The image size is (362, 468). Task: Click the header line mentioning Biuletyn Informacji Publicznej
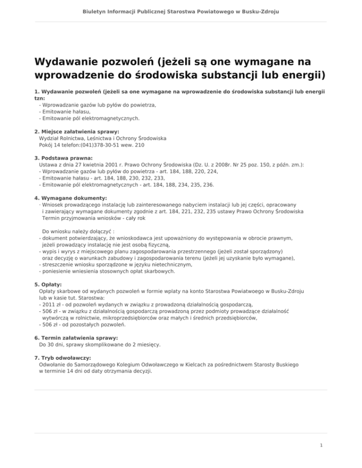coord(181,10)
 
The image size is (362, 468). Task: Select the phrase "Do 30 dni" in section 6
coord(51,345)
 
